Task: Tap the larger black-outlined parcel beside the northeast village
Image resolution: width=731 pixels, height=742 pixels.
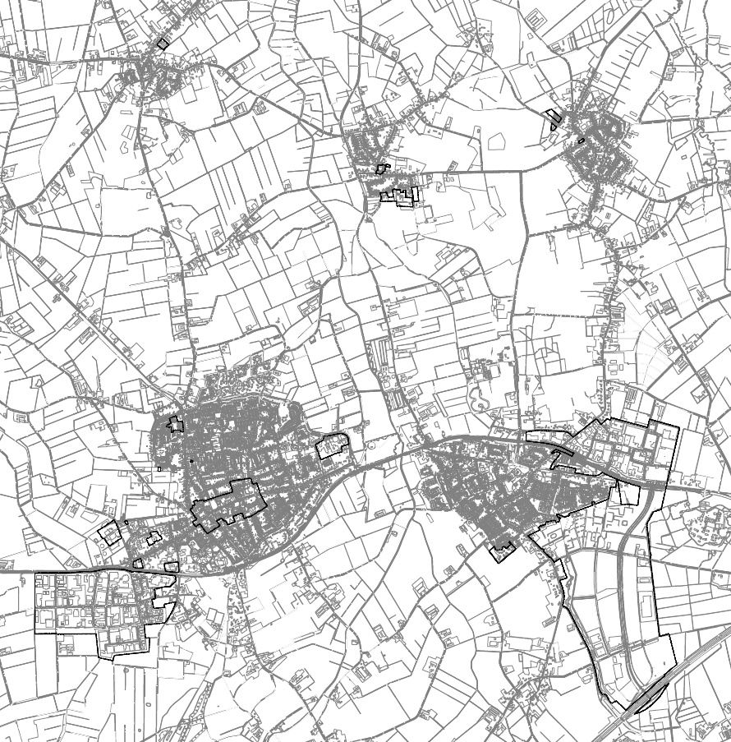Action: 554,120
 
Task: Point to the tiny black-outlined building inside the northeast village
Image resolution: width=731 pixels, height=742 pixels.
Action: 582,141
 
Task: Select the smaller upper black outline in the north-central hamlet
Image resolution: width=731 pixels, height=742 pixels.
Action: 381,168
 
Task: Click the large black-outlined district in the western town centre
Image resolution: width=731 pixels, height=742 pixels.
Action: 227,503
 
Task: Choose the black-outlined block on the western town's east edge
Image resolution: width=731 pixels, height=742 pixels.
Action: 332,445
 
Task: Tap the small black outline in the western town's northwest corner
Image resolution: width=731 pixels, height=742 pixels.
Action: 174,424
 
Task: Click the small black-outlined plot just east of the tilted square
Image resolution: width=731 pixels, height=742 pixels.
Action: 153,538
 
